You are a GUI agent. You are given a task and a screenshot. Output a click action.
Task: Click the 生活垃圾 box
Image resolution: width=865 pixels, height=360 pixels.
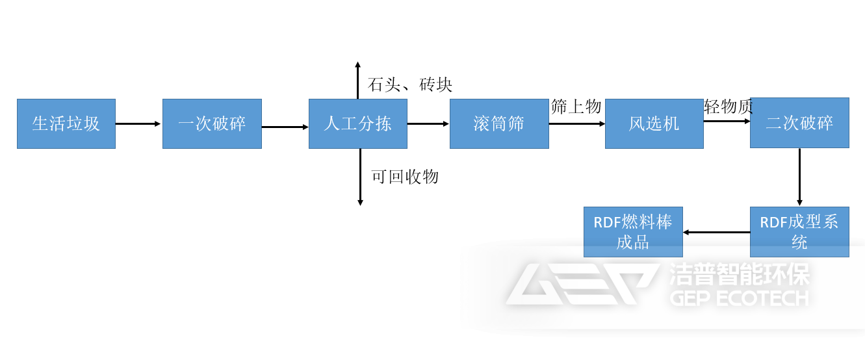coord(66,123)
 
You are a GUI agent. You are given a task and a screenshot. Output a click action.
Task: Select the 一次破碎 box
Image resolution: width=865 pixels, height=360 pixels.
coord(212,123)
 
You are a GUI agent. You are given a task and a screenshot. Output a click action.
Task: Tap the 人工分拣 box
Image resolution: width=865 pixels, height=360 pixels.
coord(358,123)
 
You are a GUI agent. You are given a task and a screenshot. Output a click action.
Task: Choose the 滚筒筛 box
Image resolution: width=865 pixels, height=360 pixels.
coord(499,123)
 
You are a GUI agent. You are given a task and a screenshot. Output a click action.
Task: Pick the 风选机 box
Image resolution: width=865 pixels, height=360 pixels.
coord(654,123)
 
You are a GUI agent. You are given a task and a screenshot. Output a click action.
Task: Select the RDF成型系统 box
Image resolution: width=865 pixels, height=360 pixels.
coord(799,232)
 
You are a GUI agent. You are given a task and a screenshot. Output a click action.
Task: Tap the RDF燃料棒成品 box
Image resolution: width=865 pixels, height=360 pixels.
coord(633,232)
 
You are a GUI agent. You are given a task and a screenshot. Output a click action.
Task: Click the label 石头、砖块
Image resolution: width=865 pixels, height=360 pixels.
coord(409,84)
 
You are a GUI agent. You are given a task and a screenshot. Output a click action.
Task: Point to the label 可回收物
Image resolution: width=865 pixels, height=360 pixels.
coord(405,177)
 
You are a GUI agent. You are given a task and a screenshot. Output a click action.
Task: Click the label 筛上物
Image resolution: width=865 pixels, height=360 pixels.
coord(576,107)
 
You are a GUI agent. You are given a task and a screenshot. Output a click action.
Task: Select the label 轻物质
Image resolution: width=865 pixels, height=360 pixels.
coord(729,107)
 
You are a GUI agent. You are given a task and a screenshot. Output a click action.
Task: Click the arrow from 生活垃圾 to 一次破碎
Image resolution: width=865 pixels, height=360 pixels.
coord(138,123)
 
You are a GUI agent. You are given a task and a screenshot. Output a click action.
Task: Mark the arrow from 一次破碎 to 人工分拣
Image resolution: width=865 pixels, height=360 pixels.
coord(285,127)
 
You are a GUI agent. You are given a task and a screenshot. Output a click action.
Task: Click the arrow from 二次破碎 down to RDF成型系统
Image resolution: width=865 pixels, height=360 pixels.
coord(799,177)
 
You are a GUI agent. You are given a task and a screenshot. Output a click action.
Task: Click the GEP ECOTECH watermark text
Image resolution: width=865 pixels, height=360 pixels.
coord(739,298)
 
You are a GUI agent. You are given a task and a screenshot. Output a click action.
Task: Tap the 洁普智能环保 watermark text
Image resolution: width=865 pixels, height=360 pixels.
coord(739,275)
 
